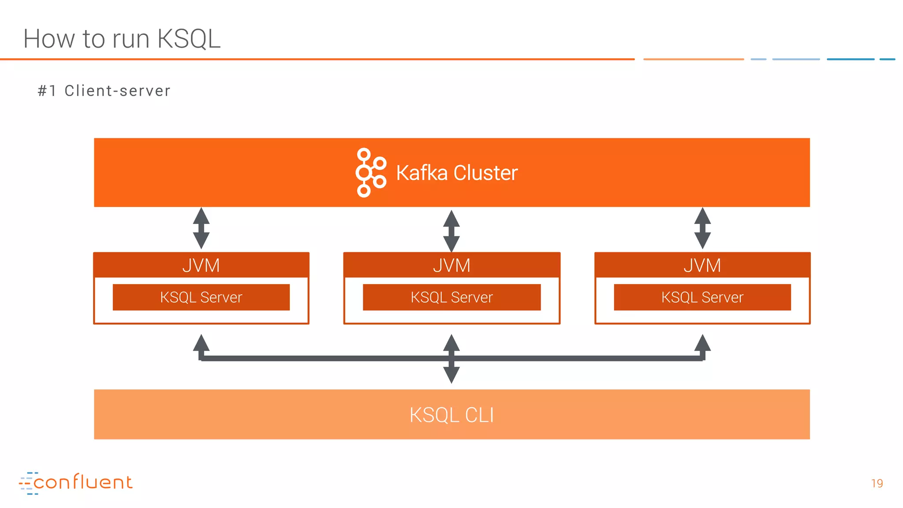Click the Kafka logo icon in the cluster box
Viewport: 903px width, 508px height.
coord(370,172)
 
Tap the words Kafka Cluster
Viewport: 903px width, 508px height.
coord(457,173)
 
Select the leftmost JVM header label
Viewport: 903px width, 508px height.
coord(201,265)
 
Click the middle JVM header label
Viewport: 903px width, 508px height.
coord(451,265)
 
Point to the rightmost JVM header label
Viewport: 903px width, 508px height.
coord(702,265)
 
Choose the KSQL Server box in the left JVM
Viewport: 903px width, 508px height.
coord(201,297)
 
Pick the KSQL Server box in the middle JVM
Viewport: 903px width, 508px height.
coord(451,297)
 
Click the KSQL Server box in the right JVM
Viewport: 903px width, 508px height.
coord(702,297)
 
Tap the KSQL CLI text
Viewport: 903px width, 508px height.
coord(451,415)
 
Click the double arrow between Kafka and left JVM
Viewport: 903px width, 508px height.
coord(201,228)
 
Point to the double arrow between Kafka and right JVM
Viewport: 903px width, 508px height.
coord(702,228)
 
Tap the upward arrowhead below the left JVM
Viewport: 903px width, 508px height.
coord(201,343)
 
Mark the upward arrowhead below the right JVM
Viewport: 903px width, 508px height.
coord(702,343)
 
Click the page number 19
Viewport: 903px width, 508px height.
coord(877,483)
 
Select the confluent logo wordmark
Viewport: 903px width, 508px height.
coord(83,482)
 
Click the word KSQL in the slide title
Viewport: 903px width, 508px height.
coord(189,39)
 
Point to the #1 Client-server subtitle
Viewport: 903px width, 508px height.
coord(104,91)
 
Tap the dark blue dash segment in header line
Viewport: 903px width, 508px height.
coord(850,59)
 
